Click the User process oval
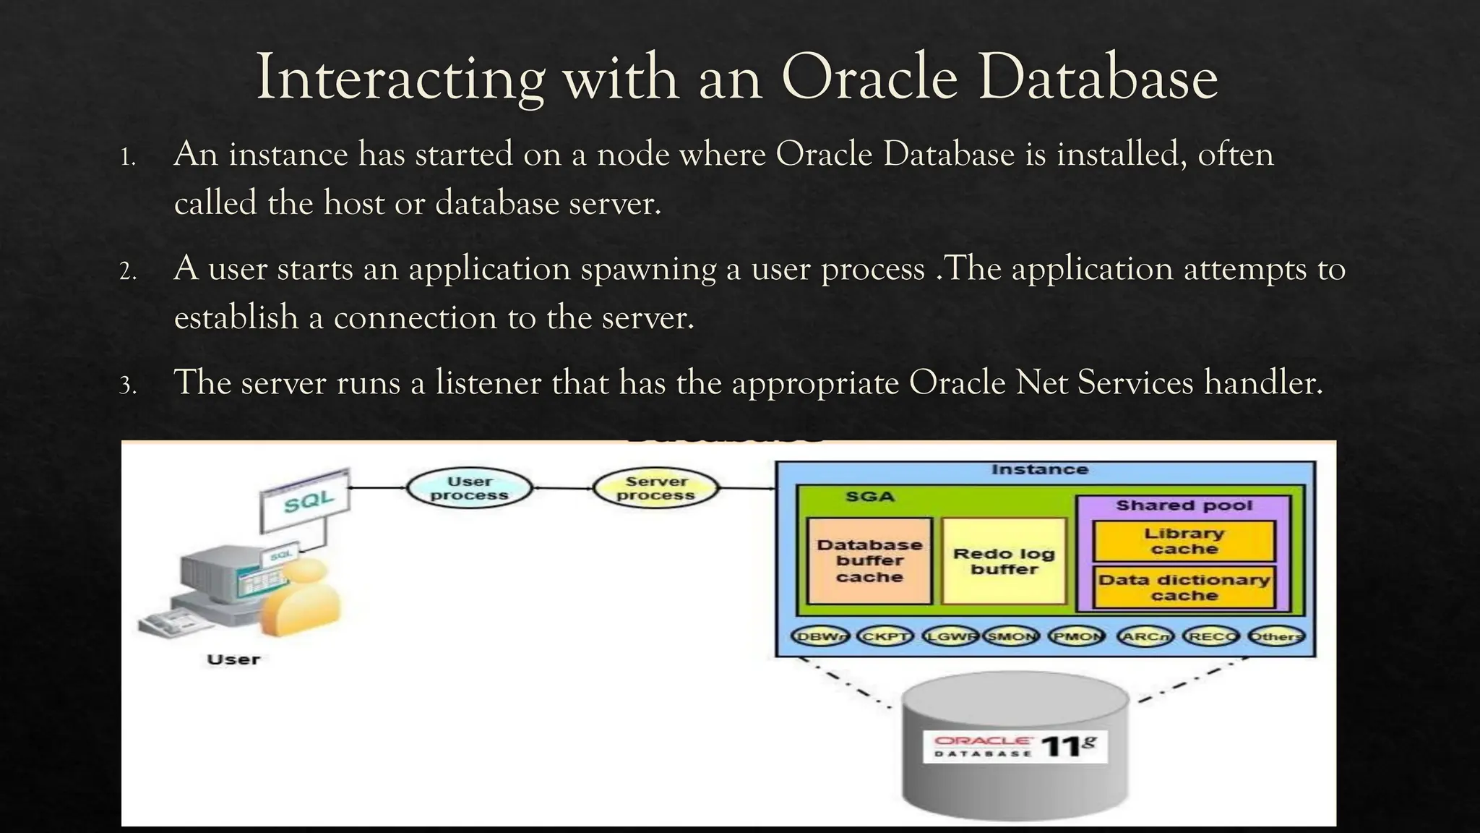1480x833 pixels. pos(469,489)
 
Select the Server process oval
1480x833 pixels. pos(655,489)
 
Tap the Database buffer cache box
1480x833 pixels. pos(869,561)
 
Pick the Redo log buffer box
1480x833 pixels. pos(1004,561)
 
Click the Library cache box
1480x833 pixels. pos(1184,541)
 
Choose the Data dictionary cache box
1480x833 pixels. pos(1184,588)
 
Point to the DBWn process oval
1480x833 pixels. pos(820,637)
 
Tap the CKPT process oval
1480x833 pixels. pos(885,637)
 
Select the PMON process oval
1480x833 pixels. pos(1077,637)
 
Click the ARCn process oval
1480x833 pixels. pos(1145,637)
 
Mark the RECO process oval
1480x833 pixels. pos(1211,637)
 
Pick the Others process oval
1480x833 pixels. pos(1276,637)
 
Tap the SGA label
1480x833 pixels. pos(870,497)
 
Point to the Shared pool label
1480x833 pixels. pos(1184,505)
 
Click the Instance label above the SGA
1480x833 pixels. pos(1039,470)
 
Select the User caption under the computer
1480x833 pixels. pos(233,659)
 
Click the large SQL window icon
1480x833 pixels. pos(306,500)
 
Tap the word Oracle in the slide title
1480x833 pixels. pos(870,78)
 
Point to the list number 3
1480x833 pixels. pos(128,385)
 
